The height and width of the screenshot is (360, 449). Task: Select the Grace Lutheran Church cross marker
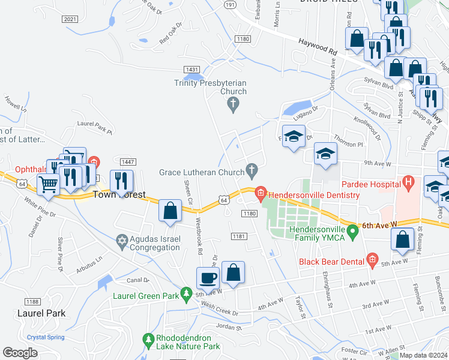click(252, 171)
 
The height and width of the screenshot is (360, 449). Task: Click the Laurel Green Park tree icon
click(187, 293)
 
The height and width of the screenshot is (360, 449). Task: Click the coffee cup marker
click(208, 278)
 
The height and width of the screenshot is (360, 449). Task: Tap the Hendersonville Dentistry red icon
click(261, 193)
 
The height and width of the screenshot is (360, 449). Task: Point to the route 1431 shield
click(192, 70)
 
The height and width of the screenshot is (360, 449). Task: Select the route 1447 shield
click(128, 162)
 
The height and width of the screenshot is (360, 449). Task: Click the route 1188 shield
click(32, 301)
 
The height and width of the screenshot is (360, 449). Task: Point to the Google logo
click(20, 353)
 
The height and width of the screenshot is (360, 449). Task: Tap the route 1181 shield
click(239, 236)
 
